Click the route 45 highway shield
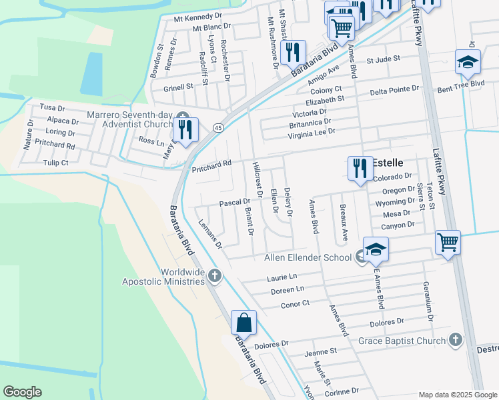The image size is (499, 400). click(217, 127)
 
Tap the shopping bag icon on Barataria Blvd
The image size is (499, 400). click(244, 323)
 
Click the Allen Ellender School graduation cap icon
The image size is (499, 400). click(376, 249)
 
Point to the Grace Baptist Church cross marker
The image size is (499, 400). click(455, 341)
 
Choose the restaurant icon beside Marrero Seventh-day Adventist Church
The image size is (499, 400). click(185, 129)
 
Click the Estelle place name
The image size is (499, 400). click(388, 163)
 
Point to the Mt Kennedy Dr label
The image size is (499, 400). click(197, 16)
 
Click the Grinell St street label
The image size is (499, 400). click(178, 87)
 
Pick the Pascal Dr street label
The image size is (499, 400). click(235, 201)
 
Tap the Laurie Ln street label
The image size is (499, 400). click(282, 277)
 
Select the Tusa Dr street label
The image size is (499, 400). click(52, 107)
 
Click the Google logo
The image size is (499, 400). click(22, 392)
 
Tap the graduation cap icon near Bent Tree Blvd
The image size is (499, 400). click(468, 62)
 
